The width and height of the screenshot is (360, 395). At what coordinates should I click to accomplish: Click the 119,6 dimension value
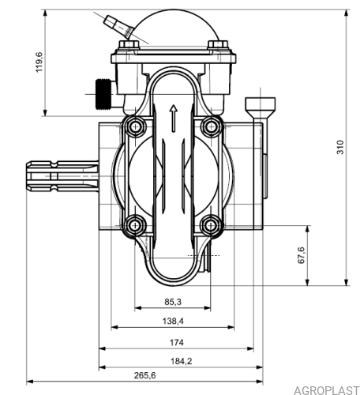[x=39, y=62]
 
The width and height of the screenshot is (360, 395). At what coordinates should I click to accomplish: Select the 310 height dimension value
[x=340, y=147]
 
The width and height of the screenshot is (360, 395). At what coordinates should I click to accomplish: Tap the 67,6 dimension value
[x=301, y=255]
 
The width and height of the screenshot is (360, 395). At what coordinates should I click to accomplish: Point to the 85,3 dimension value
[x=173, y=302]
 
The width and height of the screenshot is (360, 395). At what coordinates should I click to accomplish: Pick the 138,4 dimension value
[x=173, y=321]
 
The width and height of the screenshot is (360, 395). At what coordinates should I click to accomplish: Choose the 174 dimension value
[x=176, y=343]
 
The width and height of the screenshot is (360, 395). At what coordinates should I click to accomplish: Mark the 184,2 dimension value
[x=182, y=361]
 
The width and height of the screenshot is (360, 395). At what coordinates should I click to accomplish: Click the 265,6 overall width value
[x=144, y=375]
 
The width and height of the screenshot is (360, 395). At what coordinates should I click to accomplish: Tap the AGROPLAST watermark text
[x=326, y=390]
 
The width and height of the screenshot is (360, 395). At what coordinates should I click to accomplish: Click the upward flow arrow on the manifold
[x=173, y=118]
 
